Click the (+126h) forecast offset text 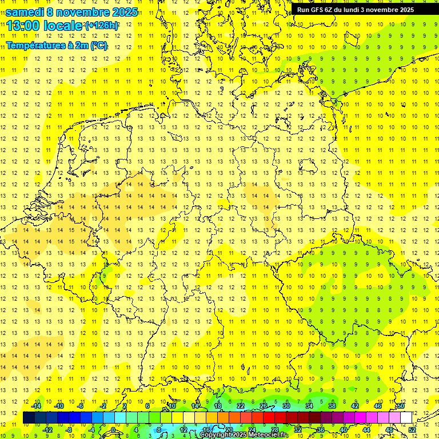(x=102, y=26)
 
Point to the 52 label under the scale (x=412, y=430)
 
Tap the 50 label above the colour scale (x=401, y=406)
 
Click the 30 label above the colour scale (x=286, y=406)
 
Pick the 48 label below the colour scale (x=389, y=430)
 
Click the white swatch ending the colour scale (x=406, y=418)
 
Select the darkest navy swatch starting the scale (x=29, y=418)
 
